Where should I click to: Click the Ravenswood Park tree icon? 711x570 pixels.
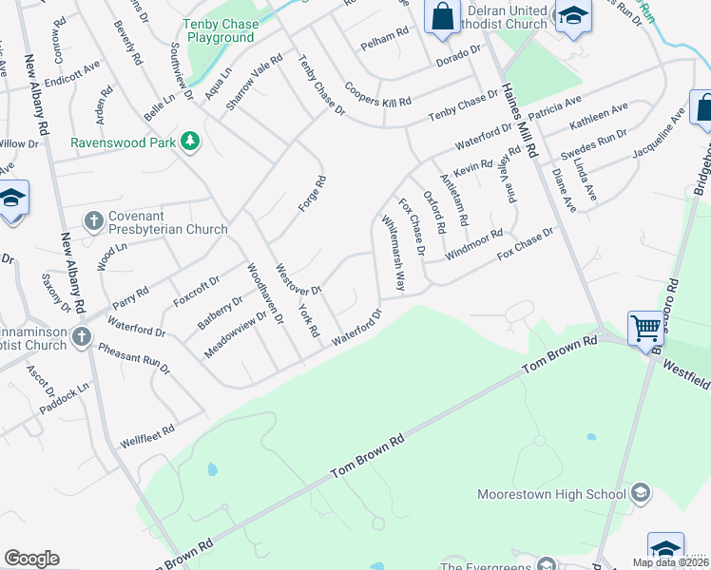[191, 142]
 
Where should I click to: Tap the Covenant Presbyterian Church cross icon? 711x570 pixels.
[93, 221]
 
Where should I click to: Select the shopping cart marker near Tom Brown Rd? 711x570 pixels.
[645, 329]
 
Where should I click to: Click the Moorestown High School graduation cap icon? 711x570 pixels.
[641, 493]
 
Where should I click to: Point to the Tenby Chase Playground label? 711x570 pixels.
[221, 31]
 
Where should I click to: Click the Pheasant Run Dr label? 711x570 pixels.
[134, 355]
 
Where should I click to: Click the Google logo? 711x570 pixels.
[31, 559]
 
